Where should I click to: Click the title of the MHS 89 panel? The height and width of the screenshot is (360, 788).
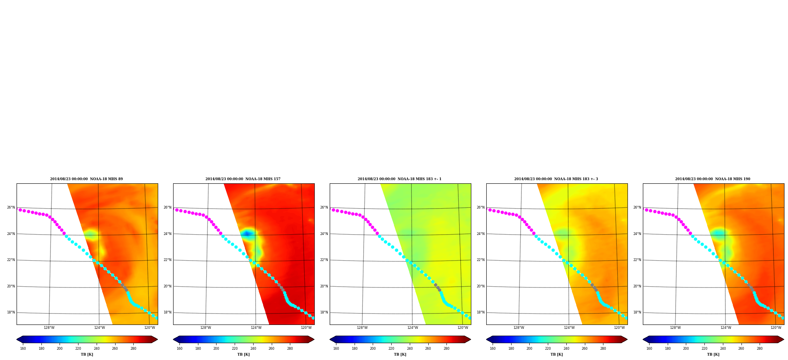click(86, 179)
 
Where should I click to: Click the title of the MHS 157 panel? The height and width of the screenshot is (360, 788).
click(243, 179)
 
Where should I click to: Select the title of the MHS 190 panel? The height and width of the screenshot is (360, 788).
click(713, 179)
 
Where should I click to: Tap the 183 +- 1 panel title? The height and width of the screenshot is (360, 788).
click(400, 179)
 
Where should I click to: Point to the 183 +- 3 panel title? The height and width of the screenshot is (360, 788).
click(556, 179)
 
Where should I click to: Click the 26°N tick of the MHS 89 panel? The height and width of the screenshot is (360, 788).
click(11, 207)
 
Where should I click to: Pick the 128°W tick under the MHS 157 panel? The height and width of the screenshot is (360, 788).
click(205, 328)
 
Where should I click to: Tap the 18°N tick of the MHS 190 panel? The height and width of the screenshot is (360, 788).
click(637, 312)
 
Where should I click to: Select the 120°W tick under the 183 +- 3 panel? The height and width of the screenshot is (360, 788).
click(619, 328)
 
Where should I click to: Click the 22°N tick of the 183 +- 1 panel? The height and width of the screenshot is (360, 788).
click(324, 260)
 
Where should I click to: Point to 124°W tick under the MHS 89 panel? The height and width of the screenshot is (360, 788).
click(99, 328)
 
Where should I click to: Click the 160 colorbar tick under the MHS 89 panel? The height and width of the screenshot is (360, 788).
click(23, 349)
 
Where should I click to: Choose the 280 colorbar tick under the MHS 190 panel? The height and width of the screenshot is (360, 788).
click(760, 349)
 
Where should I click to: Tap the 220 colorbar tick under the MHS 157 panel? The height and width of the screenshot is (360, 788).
click(235, 349)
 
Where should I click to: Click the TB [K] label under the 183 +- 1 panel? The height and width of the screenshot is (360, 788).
click(400, 354)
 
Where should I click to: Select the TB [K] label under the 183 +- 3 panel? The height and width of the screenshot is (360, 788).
click(556, 354)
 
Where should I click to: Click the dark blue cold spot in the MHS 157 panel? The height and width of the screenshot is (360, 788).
click(247, 234)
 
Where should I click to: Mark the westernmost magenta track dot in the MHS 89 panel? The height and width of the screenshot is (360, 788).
click(20, 210)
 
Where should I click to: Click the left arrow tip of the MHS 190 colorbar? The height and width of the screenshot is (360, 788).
click(643, 339)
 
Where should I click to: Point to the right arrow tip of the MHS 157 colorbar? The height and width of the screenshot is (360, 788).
click(314, 339)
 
